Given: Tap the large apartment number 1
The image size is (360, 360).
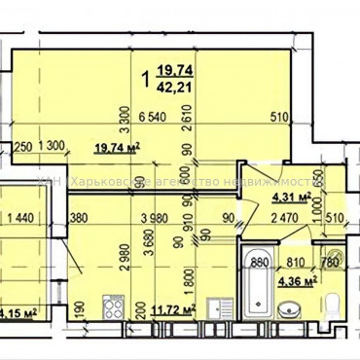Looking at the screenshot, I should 146,75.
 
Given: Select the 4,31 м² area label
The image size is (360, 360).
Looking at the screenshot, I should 291,195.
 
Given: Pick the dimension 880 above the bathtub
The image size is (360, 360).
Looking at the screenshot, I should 260,261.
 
